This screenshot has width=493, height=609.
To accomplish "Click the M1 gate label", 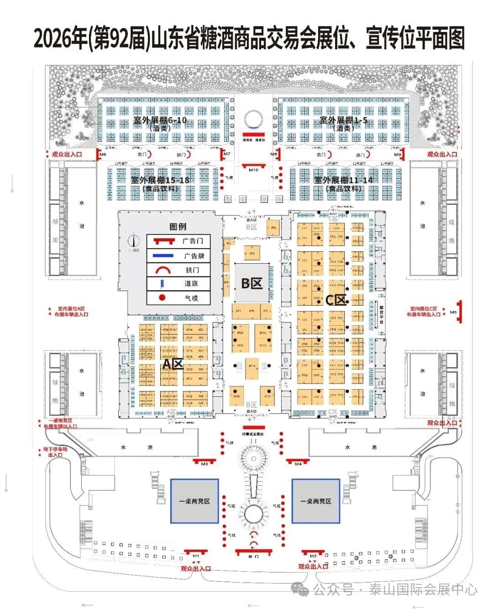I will pyautogui.click(x=196, y=556).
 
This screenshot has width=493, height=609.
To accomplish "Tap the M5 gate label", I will pyautogui.click(x=453, y=312).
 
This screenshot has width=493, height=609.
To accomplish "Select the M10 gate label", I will pyautogui.click(x=253, y=170).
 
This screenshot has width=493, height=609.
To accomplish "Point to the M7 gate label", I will pyautogui.click(x=227, y=155).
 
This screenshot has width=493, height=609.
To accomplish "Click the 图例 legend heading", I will pyautogui.click(x=178, y=227).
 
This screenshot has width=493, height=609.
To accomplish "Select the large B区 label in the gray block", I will pyautogui.click(x=252, y=283).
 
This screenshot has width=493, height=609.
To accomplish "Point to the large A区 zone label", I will pyautogui.click(x=173, y=364).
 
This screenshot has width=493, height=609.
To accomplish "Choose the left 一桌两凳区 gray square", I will pyautogui.click(x=194, y=501).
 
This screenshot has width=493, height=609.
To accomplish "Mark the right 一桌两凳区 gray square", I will pyautogui.click(x=316, y=501).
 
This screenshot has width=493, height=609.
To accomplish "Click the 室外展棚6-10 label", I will pyautogui.click(x=160, y=120).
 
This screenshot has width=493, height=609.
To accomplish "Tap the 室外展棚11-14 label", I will pyautogui.click(x=343, y=180).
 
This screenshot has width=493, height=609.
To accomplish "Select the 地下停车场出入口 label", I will pyautogui.click(x=55, y=452).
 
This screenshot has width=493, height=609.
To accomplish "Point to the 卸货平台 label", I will pyautogui.click(x=382, y=310).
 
